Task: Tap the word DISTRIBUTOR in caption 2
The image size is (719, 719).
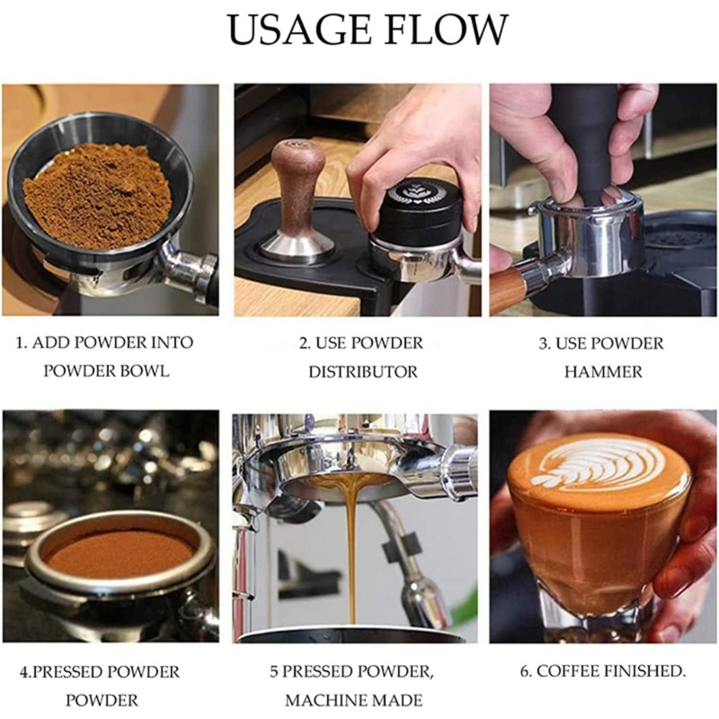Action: click(x=363, y=371)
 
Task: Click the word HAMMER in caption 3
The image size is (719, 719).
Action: click(x=603, y=371)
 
